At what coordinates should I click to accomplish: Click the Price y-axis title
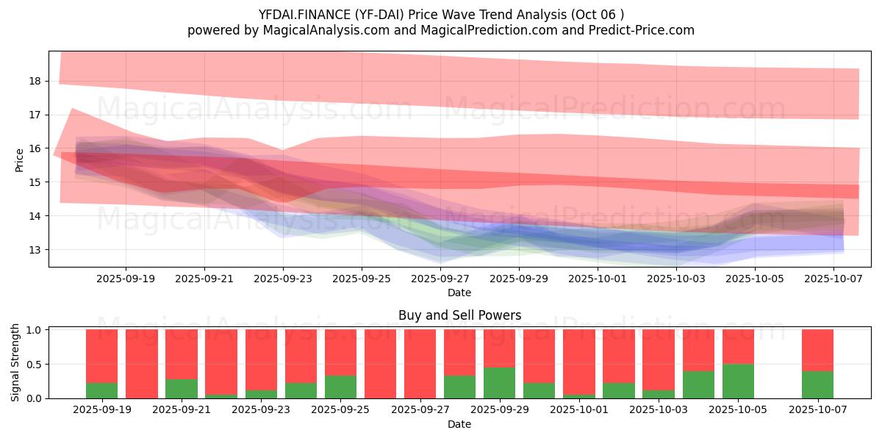[20, 159]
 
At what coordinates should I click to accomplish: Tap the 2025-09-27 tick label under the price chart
[440, 279]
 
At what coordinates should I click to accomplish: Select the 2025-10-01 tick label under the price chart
[598, 279]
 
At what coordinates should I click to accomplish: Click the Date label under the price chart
[459, 293]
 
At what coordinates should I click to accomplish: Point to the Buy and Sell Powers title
[459, 315]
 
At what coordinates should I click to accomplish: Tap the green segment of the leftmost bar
[101, 390]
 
